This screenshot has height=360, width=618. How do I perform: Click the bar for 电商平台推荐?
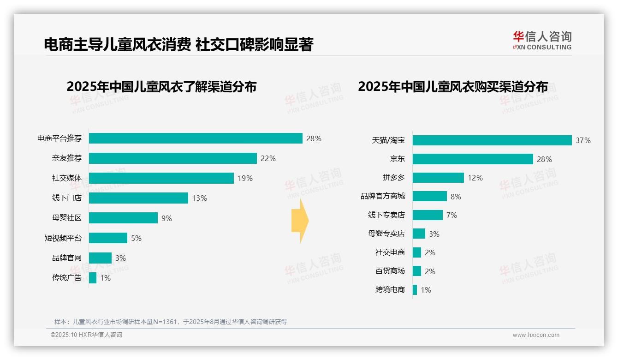tap(196, 138)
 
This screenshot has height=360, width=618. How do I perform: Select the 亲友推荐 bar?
tap(172, 158)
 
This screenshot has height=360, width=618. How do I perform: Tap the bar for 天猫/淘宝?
tap(492, 140)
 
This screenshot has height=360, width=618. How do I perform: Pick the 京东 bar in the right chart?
tap(473, 159)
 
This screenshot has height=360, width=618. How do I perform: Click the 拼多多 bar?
tap(438, 178)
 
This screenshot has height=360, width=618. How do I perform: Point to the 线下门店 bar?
tap(138, 198)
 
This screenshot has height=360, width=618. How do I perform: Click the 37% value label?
tap(583, 140)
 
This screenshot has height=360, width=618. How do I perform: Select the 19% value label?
tap(245, 178)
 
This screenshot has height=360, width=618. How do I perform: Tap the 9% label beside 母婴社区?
tap(166, 218)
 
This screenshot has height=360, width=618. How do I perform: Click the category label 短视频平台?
tap(63, 238)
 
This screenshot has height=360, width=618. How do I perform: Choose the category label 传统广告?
tap(66, 278)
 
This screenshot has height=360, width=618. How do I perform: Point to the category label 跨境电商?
tap(390, 290)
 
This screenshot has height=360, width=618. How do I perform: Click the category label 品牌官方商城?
tap(382, 196)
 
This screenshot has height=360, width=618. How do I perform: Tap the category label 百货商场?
tap(390, 271)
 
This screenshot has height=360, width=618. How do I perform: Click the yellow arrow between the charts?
tap(300, 221)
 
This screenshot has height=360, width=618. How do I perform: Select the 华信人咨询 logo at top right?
tap(542, 40)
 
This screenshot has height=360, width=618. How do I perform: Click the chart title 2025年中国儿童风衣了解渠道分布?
tap(161, 87)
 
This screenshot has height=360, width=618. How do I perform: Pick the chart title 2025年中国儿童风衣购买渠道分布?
tap(452, 87)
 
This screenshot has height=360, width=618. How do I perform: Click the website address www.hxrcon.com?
tap(535, 335)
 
